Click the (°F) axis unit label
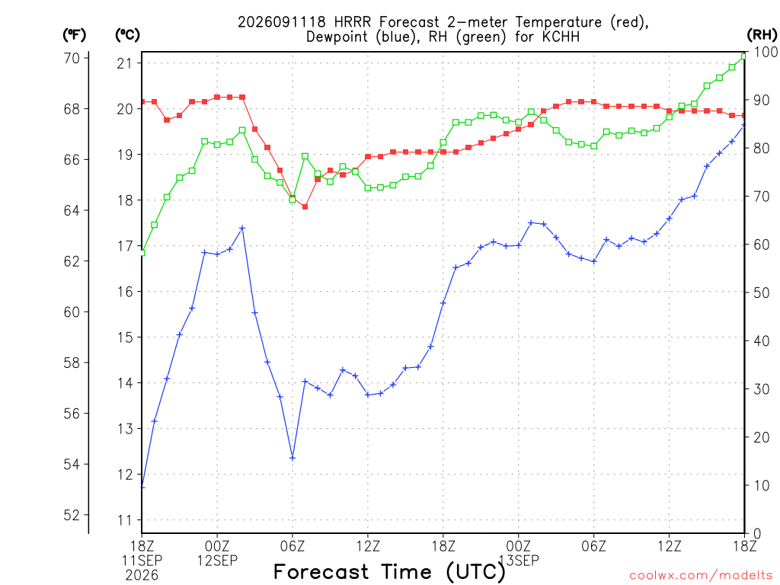coord(74,35)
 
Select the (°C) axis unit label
coord(127,35)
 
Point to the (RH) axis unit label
coord(762,35)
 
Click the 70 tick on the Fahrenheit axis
coord(72,58)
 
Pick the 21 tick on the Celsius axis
coord(125,63)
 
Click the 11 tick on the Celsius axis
coord(125,520)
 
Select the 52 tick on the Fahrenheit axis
coord(72,515)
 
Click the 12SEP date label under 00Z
coord(217,561)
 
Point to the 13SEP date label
coord(519,561)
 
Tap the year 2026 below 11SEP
coord(142,575)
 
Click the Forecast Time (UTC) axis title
coord(389,572)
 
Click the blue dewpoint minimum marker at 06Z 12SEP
coord(292,458)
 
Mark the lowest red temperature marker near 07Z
coord(305,206)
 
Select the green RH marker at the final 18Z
coord(744,56)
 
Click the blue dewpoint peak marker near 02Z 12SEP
coord(242,229)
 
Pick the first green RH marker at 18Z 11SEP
coord(142,253)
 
